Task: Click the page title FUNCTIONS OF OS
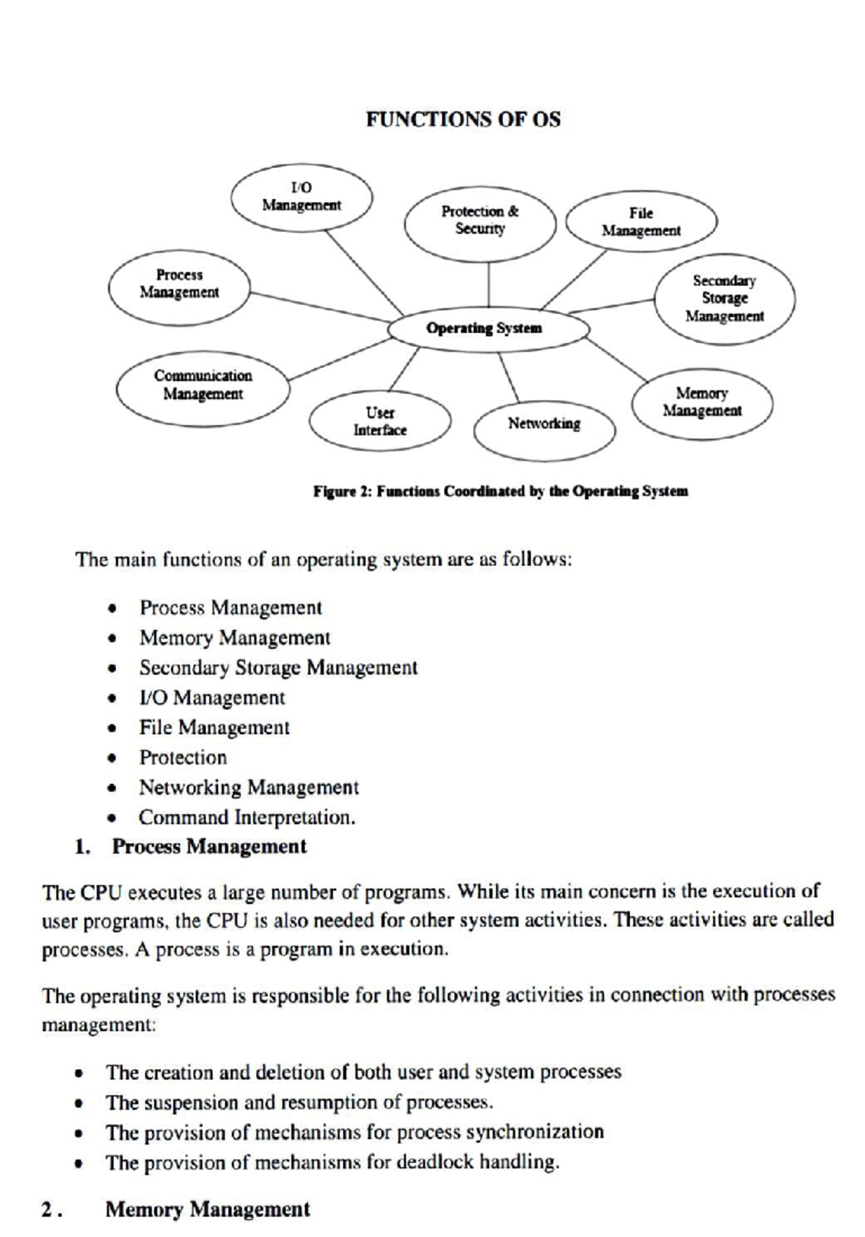463,120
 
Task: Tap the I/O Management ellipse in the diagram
301,197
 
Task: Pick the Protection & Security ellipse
480,220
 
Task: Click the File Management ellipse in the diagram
641,222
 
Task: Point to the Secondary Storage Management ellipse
724,298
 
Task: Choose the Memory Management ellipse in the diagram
702,402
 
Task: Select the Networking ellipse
544,424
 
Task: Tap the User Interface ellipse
380,421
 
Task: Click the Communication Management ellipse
203,385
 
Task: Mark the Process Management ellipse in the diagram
179,284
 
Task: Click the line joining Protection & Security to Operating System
489,285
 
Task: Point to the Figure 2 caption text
500,492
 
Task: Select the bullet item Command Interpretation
247,818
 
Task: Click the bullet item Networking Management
249,787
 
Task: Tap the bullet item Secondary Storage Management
278,668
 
